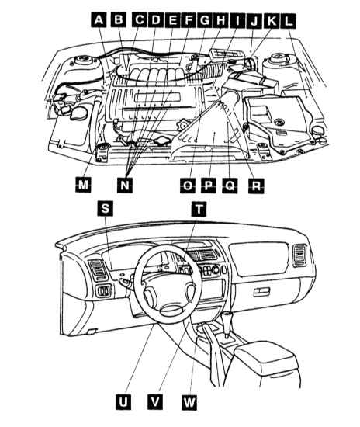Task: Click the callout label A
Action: tap(99, 19)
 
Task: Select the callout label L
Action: tap(289, 21)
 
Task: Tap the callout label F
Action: tap(188, 20)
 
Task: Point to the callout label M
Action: tap(83, 185)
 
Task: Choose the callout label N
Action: tap(125, 185)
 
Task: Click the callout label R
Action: tap(256, 186)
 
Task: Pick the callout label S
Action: tap(105, 209)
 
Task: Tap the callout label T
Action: tap(199, 209)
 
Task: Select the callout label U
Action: tap(123, 401)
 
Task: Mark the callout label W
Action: tap(189, 402)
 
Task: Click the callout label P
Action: tap(209, 186)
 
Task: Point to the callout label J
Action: tap(254, 20)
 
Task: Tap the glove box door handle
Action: tap(261, 292)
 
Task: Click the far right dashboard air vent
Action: tap(299, 255)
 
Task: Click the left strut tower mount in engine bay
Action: tap(83, 60)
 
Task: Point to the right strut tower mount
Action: tap(278, 59)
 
